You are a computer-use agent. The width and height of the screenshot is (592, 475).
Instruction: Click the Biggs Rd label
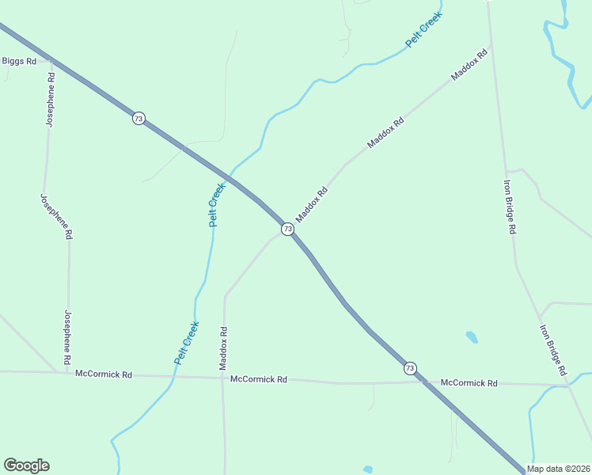(20, 61)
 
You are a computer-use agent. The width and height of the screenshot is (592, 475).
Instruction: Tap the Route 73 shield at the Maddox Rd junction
(287, 229)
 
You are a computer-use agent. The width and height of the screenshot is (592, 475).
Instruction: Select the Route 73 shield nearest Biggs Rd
(139, 118)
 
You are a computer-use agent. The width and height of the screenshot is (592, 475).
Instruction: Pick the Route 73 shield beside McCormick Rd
(409, 368)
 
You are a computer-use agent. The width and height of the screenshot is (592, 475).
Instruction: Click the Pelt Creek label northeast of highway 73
(423, 30)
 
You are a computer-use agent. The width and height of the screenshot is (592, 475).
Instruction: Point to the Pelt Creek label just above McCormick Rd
(187, 342)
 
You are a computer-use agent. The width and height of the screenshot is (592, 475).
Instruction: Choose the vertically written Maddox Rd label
(223, 349)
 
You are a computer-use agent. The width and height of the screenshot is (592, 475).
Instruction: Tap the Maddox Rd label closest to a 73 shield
(311, 204)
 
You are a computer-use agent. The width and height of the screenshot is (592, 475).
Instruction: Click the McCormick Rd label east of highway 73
(469, 383)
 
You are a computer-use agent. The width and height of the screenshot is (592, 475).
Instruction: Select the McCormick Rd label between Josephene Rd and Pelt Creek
(104, 374)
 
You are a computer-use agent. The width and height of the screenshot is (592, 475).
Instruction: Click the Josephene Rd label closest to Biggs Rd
(50, 100)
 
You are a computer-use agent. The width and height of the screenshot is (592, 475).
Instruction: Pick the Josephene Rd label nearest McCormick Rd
(68, 337)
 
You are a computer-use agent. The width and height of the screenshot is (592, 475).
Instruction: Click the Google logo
(26, 465)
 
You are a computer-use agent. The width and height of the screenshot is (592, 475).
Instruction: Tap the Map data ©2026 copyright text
(558, 469)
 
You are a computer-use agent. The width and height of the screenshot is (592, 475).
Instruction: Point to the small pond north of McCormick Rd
(472, 336)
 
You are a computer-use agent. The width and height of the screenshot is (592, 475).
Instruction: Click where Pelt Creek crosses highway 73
(230, 175)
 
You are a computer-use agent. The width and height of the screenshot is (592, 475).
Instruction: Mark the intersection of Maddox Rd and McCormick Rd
(224, 378)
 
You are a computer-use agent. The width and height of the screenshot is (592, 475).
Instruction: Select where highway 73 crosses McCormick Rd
(424, 382)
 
